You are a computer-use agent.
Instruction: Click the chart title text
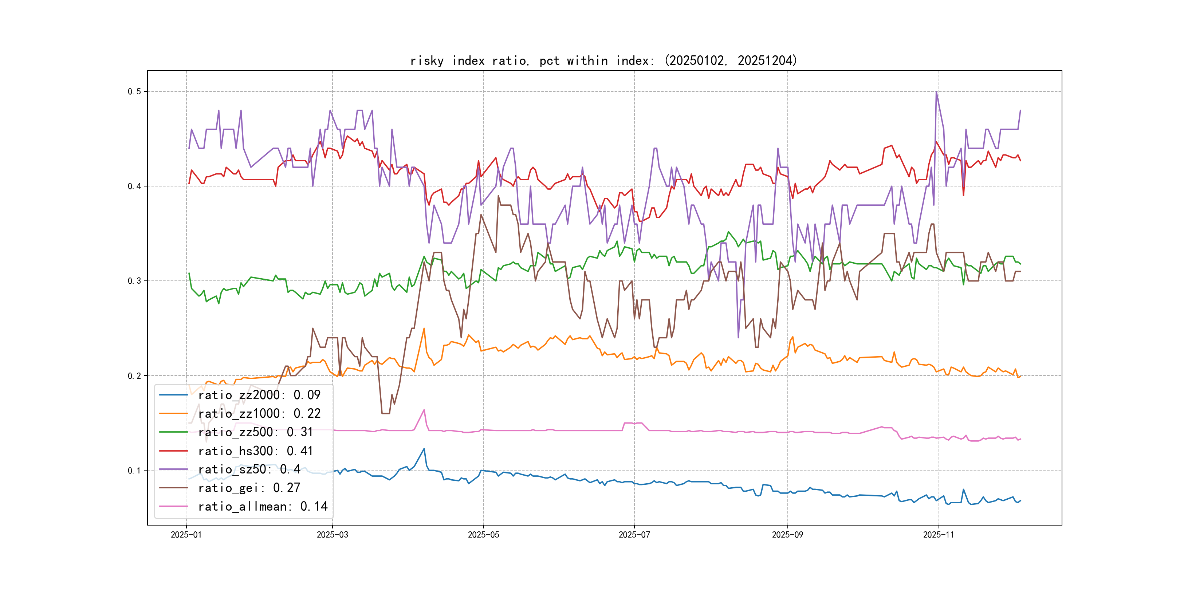pyautogui.click(x=603, y=60)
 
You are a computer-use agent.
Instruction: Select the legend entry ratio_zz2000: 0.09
pyautogui.click(x=259, y=395)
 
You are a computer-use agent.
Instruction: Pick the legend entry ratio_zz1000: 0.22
pyautogui.click(x=259, y=414)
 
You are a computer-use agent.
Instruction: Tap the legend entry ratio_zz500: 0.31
pyautogui.click(x=255, y=432)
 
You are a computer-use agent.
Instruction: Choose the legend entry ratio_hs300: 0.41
pyautogui.click(x=255, y=451)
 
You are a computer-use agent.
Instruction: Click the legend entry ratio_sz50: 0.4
pyautogui.click(x=249, y=469)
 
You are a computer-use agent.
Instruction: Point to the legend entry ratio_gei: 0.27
pyautogui.click(x=249, y=488)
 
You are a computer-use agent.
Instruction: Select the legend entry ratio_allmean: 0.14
pyautogui.click(x=263, y=506)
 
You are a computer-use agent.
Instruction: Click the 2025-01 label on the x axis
pyautogui.click(x=186, y=535)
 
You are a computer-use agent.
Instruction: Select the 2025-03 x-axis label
pyautogui.click(x=332, y=535)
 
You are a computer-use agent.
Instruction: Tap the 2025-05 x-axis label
pyautogui.click(x=483, y=535)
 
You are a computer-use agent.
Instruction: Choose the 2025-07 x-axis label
pyautogui.click(x=634, y=535)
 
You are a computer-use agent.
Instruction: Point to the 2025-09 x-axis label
pyautogui.click(x=787, y=535)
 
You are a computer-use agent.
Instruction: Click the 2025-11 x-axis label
pyautogui.click(x=939, y=535)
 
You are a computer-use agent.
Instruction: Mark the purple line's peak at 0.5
pyautogui.click(x=936, y=92)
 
